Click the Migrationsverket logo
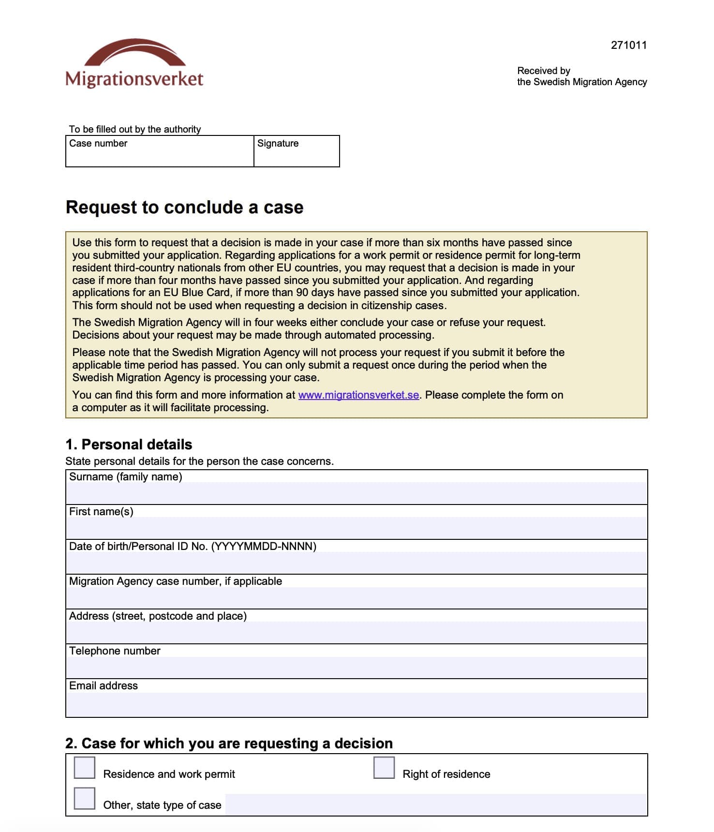coord(134,64)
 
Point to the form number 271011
coord(628,45)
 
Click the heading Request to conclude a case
coord(184,207)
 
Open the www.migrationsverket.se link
coord(358,395)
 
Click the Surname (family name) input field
coord(357,493)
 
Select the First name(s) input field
coord(357,528)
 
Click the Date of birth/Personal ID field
coord(357,563)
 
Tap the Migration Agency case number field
coord(357,597)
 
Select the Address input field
coord(357,632)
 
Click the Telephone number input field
coord(357,667)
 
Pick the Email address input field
coord(357,704)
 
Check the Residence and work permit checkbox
coord(85,768)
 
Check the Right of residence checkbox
coord(384,768)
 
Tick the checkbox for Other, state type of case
coord(85,799)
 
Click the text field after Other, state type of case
coord(435,804)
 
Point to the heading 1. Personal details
coord(129,445)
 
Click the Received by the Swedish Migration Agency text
coord(581,76)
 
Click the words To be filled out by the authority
coord(134,129)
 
